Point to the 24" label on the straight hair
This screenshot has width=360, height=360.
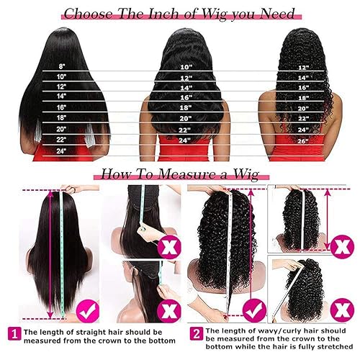(x=63, y=151)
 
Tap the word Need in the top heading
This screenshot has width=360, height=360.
(x=279, y=14)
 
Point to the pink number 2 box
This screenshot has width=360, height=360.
(x=196, y=333)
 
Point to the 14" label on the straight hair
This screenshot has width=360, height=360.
(x=63, y=95)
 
